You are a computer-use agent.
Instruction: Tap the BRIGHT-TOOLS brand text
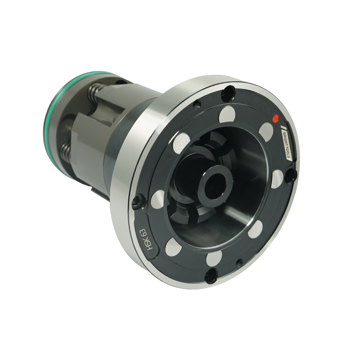(287, 145)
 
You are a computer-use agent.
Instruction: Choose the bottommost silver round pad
(214, 259)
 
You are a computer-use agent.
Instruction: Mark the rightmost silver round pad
(279, 179)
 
